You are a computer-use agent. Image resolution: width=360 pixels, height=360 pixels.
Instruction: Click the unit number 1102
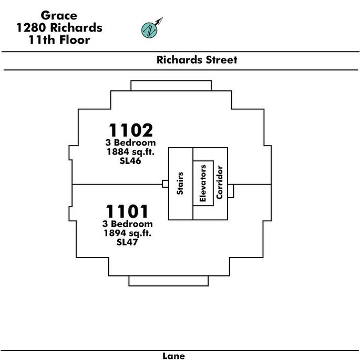click(131, 130)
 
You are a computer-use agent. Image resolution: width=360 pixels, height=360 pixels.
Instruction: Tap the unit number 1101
click(127, 211)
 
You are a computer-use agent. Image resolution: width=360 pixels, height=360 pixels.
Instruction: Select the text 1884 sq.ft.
click(131, 152)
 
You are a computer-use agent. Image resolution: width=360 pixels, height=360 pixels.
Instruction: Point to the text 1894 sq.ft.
click(128, 233)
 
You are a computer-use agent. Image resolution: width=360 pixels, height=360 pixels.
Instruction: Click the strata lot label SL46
click(130, 161)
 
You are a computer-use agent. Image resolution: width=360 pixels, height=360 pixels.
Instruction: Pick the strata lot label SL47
click(127, 242)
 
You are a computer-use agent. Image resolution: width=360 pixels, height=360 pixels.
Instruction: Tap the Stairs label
click(180, 183)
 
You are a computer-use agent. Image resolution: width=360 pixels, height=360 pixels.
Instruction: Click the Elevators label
click(203, 183)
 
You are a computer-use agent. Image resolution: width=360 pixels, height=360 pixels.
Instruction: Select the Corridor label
click(220, 182)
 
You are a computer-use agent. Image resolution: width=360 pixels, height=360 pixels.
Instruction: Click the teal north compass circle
click(149, 30)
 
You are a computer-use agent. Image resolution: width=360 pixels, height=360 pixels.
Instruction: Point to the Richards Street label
click(197, 60)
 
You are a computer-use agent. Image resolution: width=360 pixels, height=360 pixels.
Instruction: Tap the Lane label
click(173, 356)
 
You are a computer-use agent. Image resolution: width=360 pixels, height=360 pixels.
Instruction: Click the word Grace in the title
click(59, 16)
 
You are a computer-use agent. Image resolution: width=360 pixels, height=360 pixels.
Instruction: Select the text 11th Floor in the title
click(59, 40)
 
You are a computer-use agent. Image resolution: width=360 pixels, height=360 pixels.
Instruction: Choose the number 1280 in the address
click(31, 27)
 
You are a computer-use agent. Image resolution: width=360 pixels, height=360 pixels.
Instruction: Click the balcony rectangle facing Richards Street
click(171, 86)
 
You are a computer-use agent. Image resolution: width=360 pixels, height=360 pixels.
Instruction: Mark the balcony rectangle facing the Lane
click(169, 281)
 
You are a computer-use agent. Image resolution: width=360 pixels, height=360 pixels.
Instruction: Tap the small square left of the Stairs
click(166, 183)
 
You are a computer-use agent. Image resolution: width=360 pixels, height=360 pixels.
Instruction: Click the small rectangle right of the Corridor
click(231, 191)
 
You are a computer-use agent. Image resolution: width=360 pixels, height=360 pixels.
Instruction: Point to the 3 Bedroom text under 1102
click(131, 142)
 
